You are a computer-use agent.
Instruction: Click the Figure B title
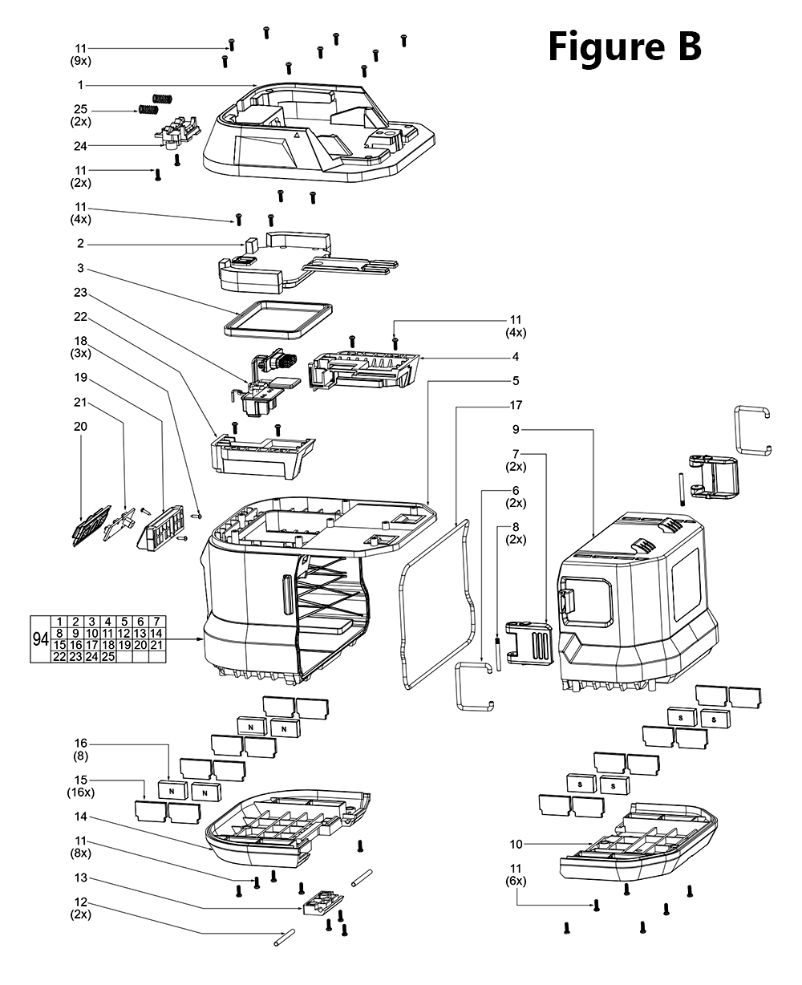tap(625, 47)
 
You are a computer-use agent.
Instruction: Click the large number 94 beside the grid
tap(40, 639)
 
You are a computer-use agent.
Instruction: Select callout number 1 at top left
tap(81, 85)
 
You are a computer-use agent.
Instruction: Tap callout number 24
tap(81, 146)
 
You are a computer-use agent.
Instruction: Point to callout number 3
tap(81, 268)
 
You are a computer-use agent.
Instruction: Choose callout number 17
tap(516, 405)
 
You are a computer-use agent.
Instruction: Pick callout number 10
tap(516, 843)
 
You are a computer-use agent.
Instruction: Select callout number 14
tap(81, 817)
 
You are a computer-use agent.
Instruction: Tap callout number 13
tap(81, 878)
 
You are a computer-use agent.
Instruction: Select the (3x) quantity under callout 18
tap(81, 353)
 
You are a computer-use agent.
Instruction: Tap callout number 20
tap(81, 426)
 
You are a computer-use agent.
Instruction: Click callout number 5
tap(516, 380)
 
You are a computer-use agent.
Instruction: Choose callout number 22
tap(81, 317)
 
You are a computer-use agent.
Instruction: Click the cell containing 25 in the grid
tap(108, 656)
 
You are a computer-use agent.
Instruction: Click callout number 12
tap(81, 902)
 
